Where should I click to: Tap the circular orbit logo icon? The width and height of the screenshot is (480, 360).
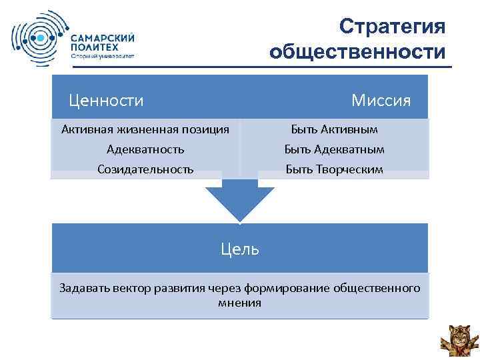click(37, 39)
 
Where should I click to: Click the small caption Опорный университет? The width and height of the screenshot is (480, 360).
click(103, 57)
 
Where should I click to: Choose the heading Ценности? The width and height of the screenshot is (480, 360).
click(107, 100)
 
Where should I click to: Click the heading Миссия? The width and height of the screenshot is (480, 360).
click(381, 100)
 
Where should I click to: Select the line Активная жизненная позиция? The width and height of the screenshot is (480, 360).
click(145, 129)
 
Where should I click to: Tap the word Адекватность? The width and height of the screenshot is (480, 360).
click(145, 149)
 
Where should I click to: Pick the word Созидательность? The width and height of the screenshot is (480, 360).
click(145, 169)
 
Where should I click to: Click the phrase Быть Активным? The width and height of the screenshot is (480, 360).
click(335, 129)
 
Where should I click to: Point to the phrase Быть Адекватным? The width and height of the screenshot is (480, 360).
click(335, 149)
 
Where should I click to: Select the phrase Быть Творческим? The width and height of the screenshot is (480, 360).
click(335, 169)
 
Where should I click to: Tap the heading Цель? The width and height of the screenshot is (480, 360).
click(239, 249)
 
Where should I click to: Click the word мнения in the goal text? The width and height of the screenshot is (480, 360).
click(239, 302)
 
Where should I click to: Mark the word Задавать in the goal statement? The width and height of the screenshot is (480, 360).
click(82, 288)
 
